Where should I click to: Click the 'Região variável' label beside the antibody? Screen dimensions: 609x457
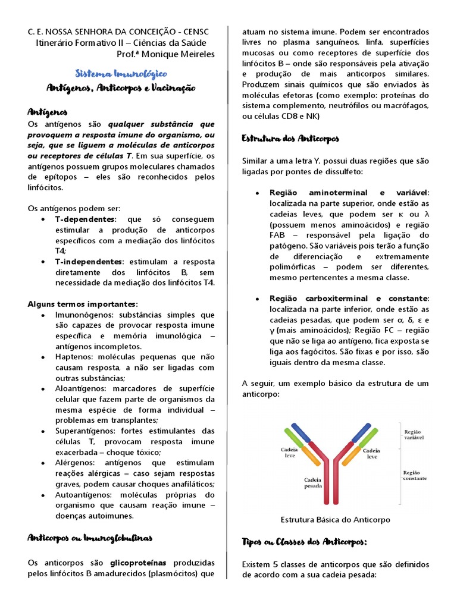pyautogui.click(x=414, y=435)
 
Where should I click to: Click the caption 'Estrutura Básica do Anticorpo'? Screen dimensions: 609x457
pyautogui.click(x=335, y=519)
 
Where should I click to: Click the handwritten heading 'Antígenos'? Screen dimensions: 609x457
pyautogui.click(x=48, y=111)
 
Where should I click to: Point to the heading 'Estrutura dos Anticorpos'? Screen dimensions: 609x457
pyautogui.click(x=290, y=138)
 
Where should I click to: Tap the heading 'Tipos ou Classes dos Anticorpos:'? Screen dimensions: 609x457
pyautogui.click(x=304, y=541)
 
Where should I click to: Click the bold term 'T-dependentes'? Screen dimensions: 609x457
pyautogui.click(x=84, y=219)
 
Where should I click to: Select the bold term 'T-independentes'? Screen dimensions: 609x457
pyautogui.click(x=89, y=261)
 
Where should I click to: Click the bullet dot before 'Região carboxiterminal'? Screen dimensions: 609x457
pyautogui.click(x=256, y=298)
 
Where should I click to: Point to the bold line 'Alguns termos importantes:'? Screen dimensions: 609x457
pyautogui.click(x=83, y=303)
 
